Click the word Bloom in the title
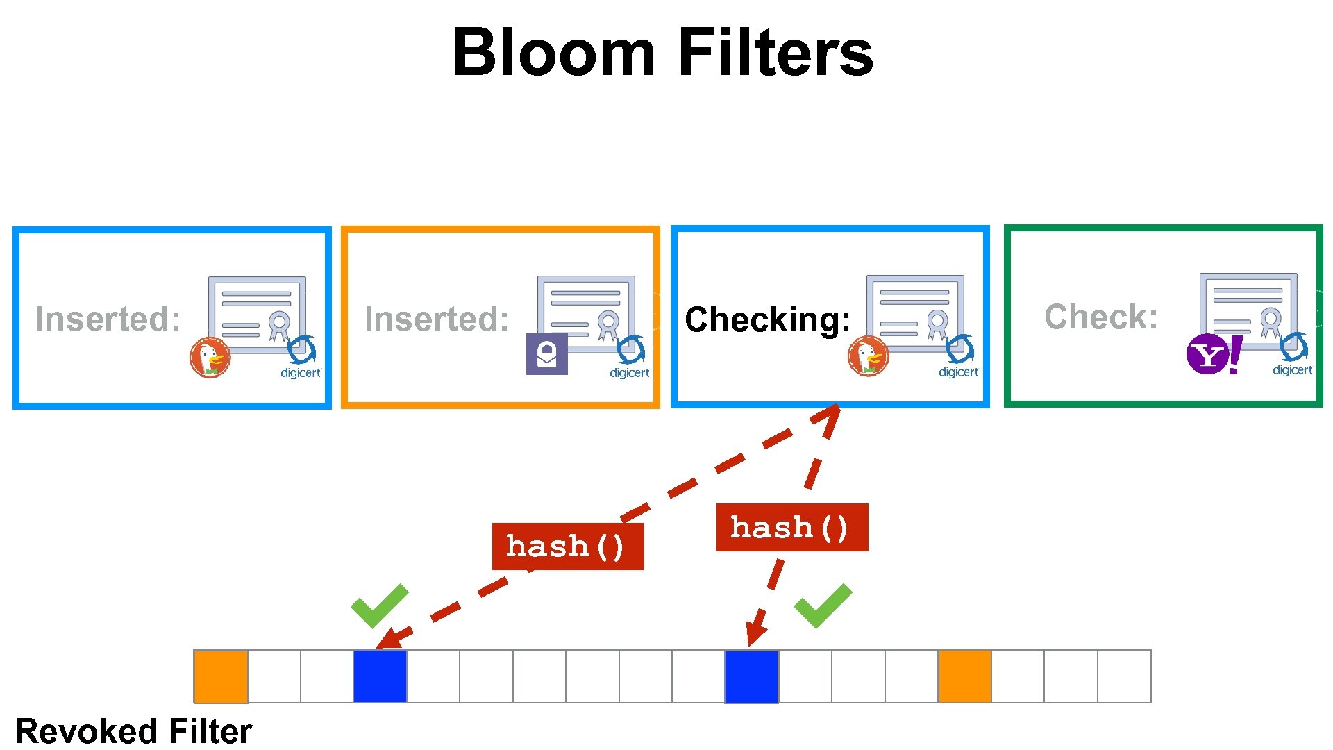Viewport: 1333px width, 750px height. [553, 53]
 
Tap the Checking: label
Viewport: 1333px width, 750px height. [767, 319]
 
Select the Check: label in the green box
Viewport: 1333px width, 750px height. [1101, 317]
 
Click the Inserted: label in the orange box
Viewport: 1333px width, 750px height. [437, 319]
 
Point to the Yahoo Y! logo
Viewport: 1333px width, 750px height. [1214, 354]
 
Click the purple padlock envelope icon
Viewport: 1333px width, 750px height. [546, 354]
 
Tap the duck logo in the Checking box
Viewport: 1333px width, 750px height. [868, 356]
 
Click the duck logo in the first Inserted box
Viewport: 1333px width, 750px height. [210, 358]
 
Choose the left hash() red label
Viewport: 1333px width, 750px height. [567, 547]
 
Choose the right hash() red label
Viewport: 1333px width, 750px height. [791, 528]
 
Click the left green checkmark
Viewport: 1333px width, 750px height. [379, 605]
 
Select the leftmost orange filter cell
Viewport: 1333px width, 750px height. [221, 676]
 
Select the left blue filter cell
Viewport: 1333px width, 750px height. [380, 676]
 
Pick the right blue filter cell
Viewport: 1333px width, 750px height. [751, 676]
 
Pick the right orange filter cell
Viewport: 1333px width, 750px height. [964, 676]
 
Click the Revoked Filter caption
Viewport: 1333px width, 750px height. [133, 731]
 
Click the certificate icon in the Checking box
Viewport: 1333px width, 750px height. [915, 309]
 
